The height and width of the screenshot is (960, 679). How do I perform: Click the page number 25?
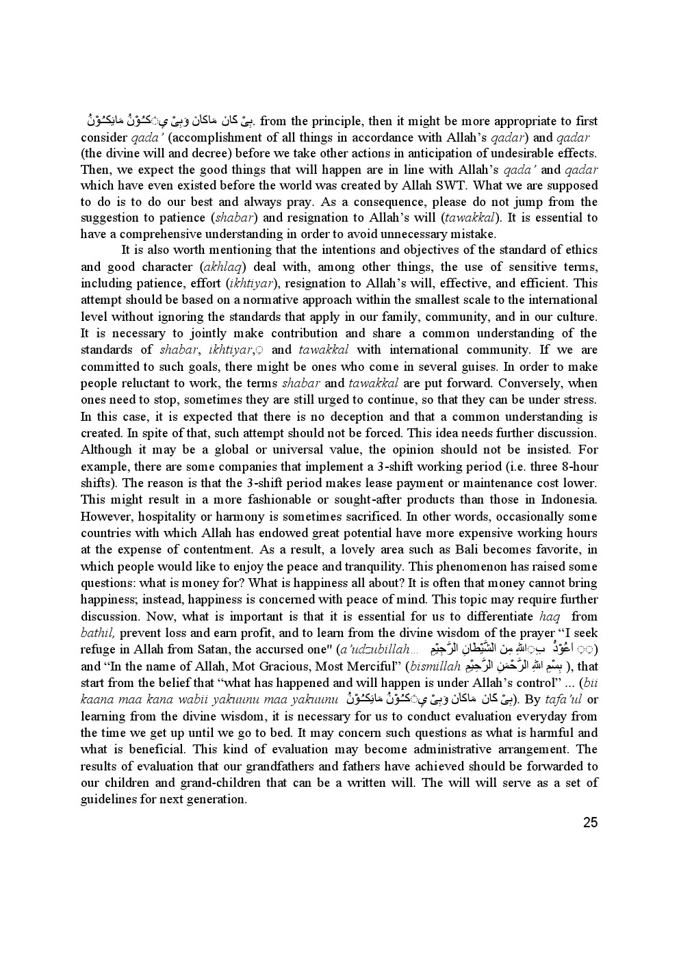[x=590, y=822]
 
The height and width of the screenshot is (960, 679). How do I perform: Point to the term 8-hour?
[x=576, y=467]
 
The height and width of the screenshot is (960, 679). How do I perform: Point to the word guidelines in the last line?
[x=108, y=799]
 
